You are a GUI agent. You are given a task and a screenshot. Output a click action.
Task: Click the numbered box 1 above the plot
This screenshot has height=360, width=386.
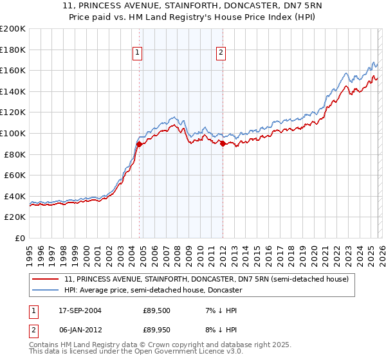138,53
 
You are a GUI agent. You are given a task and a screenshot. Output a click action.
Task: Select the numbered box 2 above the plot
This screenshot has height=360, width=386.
221,53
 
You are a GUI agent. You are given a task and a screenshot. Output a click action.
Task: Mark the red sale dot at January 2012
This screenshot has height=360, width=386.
223,144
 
